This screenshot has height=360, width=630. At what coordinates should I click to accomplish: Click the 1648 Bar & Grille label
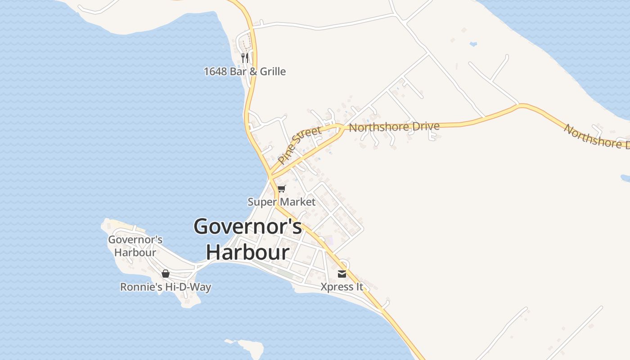[245, 72]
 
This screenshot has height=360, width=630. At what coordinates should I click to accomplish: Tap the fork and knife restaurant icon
[245, 58]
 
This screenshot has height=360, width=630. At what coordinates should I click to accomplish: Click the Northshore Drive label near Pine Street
[394, 127]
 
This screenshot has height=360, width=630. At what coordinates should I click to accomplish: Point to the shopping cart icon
[282, 189]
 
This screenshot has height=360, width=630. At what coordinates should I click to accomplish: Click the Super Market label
[282, 202]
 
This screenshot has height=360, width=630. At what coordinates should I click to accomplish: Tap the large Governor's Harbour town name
[248, 239]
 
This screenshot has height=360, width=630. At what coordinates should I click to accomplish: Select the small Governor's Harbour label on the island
[135, 246]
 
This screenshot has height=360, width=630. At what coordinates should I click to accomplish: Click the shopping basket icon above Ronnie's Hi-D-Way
[166, 273]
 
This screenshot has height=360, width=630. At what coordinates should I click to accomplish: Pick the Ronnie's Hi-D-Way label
[166, 287]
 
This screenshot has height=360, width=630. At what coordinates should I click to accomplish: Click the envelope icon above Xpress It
[342, 274]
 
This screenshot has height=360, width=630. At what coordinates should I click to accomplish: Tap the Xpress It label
[342, 287]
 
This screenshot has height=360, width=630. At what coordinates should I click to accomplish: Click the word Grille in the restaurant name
[272, 72]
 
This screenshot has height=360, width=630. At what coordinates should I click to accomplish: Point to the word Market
[298, 202]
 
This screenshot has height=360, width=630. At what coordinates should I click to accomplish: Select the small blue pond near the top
[473, 44]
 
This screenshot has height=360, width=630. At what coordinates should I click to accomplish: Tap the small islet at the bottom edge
[250, 349]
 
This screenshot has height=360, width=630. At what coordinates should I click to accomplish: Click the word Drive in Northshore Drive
[424, 126]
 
